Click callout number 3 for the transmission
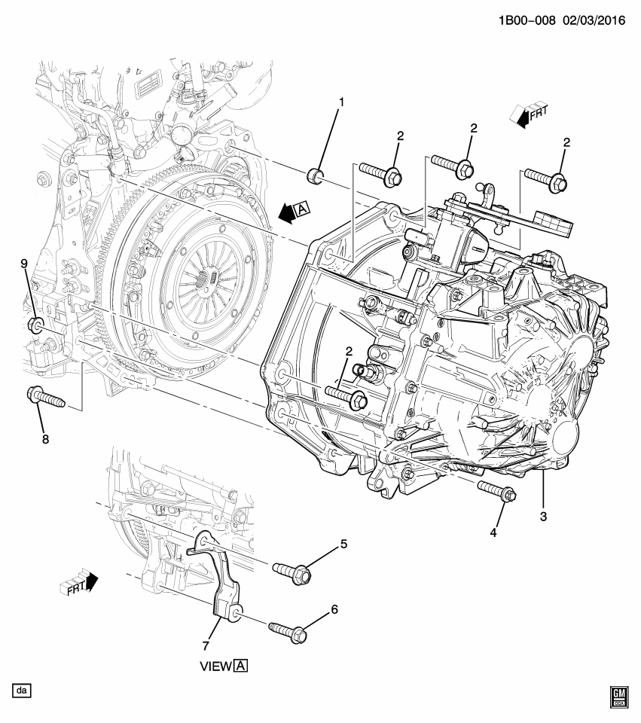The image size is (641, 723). tap(542, 517)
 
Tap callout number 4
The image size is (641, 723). tap(493, 532)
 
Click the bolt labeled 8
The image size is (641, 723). tap(45, 396)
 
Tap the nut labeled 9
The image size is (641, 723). tap(35, 326)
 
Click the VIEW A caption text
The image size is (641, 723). tap(223, 666)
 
